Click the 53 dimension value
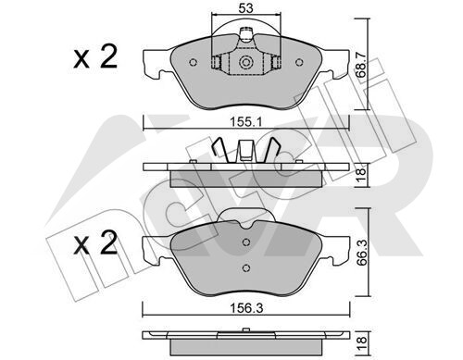[x=245, y=8]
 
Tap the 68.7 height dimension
[x=361, y=65]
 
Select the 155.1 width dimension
[x=246, y=122]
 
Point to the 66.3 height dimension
[x=361, y=253]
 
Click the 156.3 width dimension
[x=246, y=308]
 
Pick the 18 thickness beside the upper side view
[x=361, y=175]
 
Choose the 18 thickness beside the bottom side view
[x=361, y=344]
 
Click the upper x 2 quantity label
[x=95, y=56]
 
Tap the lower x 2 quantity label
[x=95, y=243]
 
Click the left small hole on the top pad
[x=193, y=62]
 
